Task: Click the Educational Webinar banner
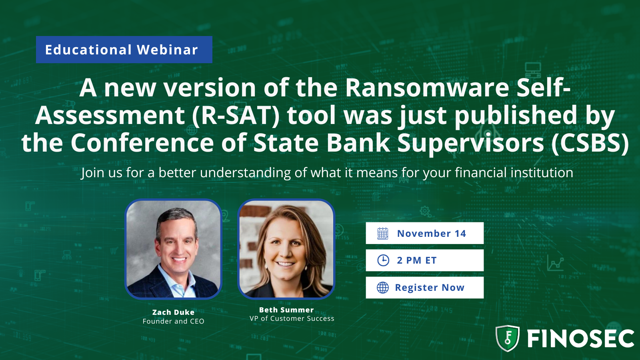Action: (x=124, y=50)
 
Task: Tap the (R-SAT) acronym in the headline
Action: (x=236, y=115)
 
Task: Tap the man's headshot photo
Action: (x=173, y=249)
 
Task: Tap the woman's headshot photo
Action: (x=286, y=249)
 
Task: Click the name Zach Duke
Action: (x=173, y=312)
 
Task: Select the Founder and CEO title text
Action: (x=173, y=321)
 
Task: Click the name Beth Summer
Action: (x=286, y=310)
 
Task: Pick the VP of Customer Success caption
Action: (x=292, y=318)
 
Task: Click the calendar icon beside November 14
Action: (x=382, y=234)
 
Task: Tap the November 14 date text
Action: (x=432, y=234)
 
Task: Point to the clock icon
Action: (x=383, y=260)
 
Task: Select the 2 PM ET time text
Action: (x=416, y=260)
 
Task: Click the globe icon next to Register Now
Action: (x=382, y=288)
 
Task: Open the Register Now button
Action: (x=424, y=288)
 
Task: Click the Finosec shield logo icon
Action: (x=508, y=338)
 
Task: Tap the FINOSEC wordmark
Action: (x=580, y=339)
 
